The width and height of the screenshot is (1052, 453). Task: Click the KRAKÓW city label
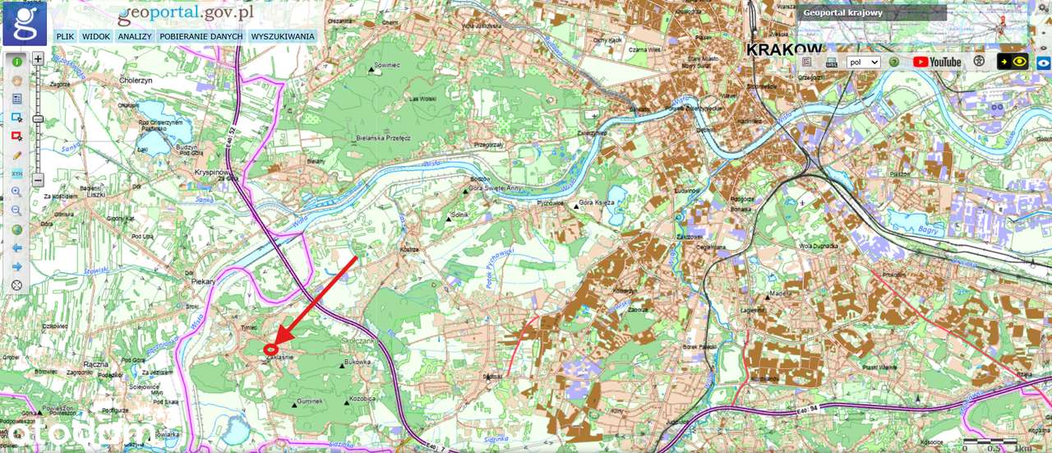coord(785,50)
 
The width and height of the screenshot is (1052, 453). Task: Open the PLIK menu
coord(65,37)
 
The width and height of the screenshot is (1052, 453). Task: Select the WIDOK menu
coord(96,37)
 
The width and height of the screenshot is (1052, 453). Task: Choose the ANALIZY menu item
coord(134,37)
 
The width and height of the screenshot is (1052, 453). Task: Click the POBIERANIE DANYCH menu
coord(201,37)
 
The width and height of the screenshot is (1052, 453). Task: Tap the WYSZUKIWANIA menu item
coord(282,37)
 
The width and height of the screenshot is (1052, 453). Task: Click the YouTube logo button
coord(936,62)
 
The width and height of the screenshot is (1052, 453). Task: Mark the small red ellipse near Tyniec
coord(270,350)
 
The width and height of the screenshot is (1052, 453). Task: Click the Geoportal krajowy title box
coord(871,13)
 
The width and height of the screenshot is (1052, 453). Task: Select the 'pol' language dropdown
coord(863,62)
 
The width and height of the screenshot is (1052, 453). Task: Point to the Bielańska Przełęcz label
coord(383,139)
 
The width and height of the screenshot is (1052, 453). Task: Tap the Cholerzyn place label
coord(136,81)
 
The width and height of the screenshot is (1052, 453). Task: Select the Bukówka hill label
coord(358,362)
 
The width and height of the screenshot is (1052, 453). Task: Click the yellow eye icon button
coord(1019,62)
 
